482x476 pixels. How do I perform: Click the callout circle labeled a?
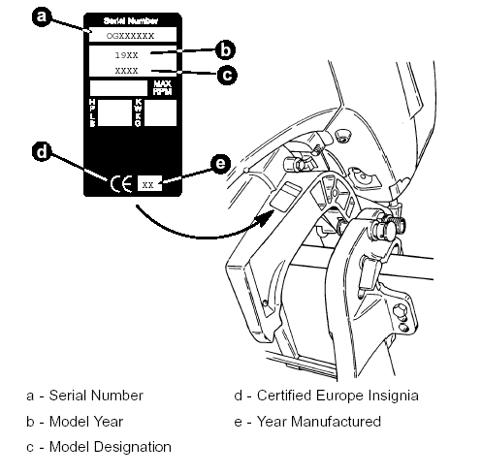42,16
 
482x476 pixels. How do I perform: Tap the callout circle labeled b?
225,50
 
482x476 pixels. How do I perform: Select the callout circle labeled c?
227,75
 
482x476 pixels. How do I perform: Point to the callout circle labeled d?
42,151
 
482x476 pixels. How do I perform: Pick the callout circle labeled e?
220,164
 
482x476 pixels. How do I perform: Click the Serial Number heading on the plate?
131,21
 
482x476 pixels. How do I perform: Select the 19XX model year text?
126,55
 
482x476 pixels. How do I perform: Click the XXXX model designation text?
126,71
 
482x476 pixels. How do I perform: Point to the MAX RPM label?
162,88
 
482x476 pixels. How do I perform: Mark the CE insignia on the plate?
121,184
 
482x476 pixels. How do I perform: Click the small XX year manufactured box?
149,183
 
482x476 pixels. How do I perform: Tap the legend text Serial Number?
96,396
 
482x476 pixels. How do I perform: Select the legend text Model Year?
86,422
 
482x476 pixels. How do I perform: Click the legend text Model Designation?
111,447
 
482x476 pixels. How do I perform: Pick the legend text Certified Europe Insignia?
337,396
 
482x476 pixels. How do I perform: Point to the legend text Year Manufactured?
319,422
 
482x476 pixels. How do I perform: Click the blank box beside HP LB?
114,112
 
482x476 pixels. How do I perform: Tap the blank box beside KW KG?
160,112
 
